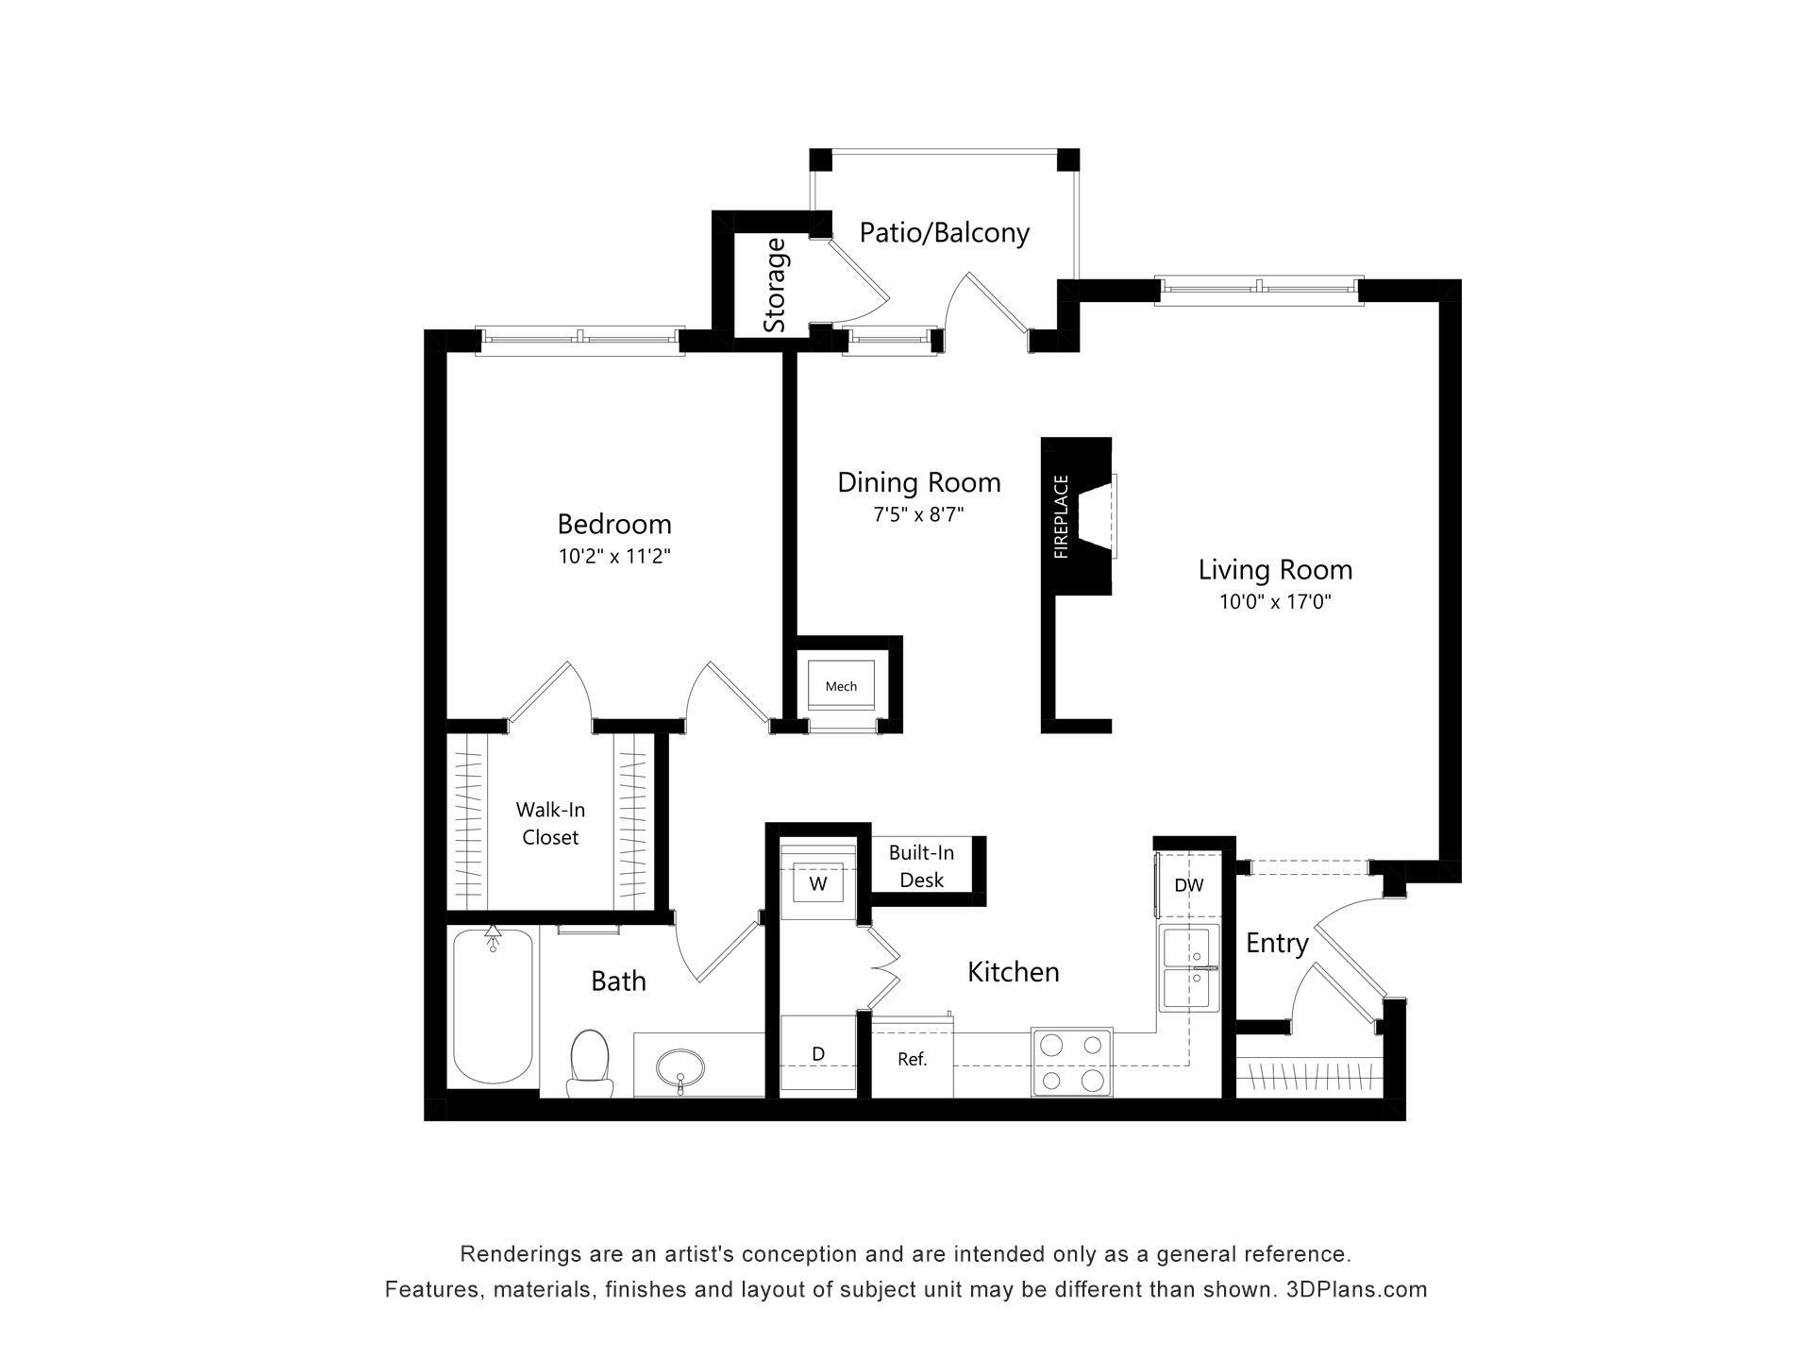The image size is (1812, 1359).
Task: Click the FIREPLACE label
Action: pos(1061,516)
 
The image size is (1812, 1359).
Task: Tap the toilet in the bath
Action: pos(589,1063)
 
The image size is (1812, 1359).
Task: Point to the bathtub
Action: pos(492,1006)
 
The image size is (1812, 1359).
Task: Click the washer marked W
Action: pos(818,884)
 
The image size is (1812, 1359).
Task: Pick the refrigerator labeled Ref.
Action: pos(912,1059)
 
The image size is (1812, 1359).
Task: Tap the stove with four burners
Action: pos(1071,1062)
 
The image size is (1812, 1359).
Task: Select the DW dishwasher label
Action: pos(1189,885)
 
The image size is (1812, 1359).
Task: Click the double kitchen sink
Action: pos(1188,968)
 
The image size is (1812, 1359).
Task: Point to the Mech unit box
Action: pos(841,686)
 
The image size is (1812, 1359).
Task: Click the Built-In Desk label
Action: pos(921,866)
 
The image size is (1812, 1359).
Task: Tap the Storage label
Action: pos(775,285)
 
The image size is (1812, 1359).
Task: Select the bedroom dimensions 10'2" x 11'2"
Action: pos(614,557)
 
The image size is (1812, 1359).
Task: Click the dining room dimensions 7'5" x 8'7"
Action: pos(918,515)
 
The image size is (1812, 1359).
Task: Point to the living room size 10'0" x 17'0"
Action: pos(1275,602)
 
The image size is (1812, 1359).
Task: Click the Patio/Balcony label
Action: pos(944,232)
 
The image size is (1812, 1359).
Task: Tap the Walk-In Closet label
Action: pos(550,823)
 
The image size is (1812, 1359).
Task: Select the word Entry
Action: pos(1276,943)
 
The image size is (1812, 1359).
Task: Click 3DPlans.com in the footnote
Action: pos(1356,1289)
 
